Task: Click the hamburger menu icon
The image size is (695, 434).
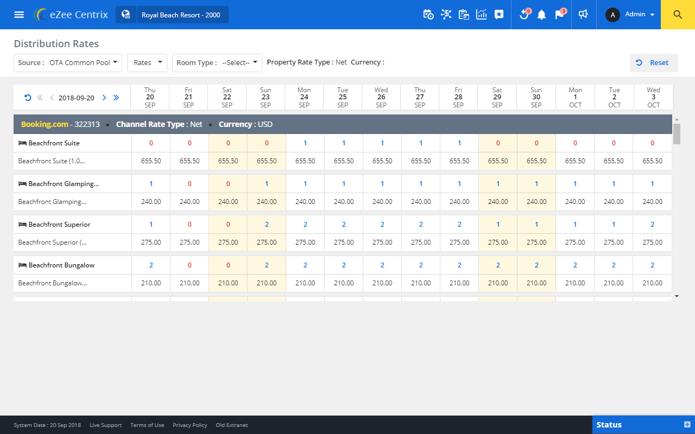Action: click(x=19, y=15)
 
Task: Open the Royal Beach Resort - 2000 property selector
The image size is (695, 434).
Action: click(x=172, y=15)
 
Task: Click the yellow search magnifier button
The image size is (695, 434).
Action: click(x=678, y=15)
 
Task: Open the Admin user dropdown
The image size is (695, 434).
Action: click(x=630, y=15)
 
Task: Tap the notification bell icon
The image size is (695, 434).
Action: click(x=541, y=15)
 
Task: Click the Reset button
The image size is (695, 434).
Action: click(x=653, y=63)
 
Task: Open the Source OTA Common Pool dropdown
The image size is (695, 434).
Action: click(x=68, y=63)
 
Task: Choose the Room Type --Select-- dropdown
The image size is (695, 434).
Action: click(x=217, y=63)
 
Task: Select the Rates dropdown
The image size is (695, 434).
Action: click(x=147, y=63)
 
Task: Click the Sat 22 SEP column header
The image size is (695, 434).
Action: click(x=227, y=97)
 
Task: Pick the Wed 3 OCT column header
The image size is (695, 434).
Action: click(x=653, y=97)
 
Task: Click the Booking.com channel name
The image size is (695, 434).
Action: click(x=45, y=124)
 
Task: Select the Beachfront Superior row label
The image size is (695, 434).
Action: click(x=59, y=225)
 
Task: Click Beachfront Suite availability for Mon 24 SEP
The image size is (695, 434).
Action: click(x=305, y=143)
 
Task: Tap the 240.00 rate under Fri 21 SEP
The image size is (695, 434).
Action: click(x=189, y=202)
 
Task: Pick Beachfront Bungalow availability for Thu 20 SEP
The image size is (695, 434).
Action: click(x=151, y=265)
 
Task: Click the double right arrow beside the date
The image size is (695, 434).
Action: click(x=116, y=98)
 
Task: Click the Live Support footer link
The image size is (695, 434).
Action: click(x=105, y=425)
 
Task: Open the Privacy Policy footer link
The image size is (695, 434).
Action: click(x=189, y=425)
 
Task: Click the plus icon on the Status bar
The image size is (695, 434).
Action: click(x=687, y=424)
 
